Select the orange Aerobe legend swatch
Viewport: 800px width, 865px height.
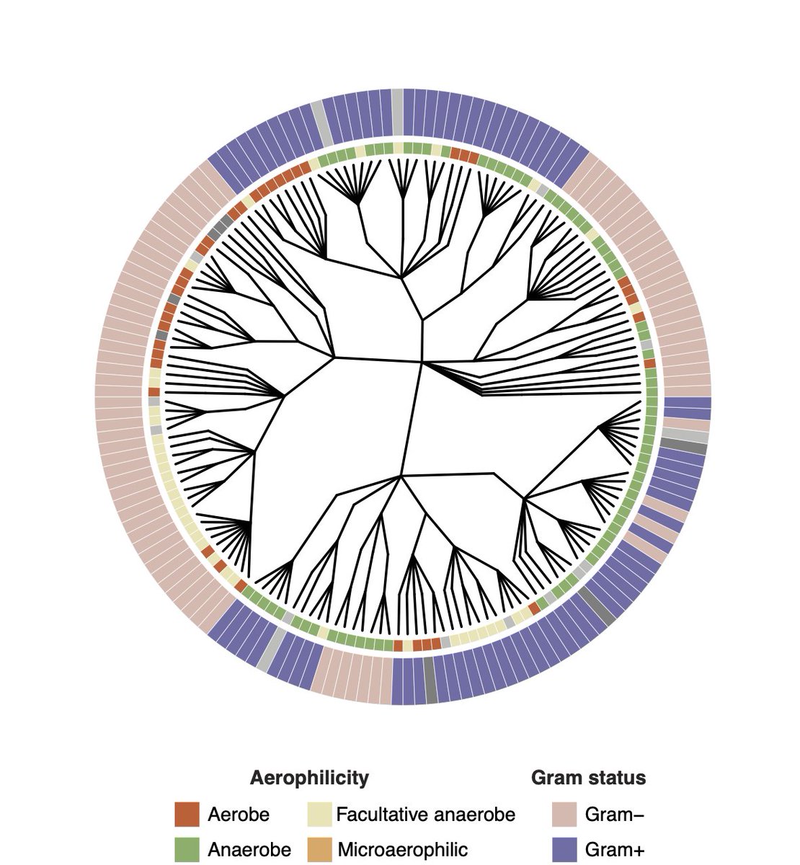coord(186,815)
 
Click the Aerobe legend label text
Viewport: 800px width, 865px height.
coord(239,815)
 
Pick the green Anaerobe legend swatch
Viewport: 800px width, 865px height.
coord(186,849)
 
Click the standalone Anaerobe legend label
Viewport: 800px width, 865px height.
coord(249,849)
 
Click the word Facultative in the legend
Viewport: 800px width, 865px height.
coord(380,815)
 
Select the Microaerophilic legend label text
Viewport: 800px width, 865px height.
coord(402,849)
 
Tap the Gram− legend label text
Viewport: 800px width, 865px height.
coord(615,815)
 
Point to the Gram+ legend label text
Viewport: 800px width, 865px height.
coord(615,849)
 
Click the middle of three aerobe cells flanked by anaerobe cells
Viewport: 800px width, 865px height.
coord(463,154)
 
